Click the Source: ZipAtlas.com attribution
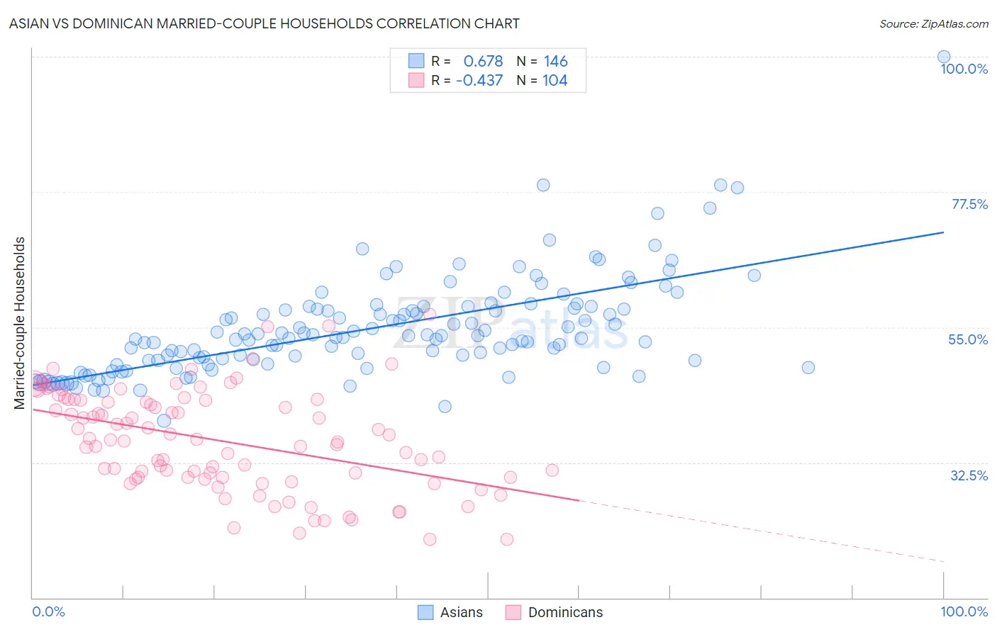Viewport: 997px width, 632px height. [x=933, y=23]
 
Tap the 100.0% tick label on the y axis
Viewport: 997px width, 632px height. [x=964, y=69]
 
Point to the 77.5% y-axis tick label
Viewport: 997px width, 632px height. [x=969, y=204]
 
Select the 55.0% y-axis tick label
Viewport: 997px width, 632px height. [x=968, y=339]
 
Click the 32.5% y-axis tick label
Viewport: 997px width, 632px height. [x=969, y=475]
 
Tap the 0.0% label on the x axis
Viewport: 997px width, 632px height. [x=48, y=611]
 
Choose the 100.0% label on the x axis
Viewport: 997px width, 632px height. [x=964, y=611]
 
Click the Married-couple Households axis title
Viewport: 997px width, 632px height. [x=20, y=323]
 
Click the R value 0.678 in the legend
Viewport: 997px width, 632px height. [x=483, y=61]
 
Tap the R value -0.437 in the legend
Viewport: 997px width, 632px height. [x=479, y=80]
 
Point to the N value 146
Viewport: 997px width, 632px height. [x=556, y=61]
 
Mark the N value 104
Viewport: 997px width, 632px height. [x=555, y=80]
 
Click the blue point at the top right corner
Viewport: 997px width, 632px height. [x=944, y=57]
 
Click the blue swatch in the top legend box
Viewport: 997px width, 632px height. [x=416, y=61]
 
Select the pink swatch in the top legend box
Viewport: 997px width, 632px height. [x=416, y=80]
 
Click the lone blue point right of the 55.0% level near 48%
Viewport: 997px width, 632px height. [x=808, y=367]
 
